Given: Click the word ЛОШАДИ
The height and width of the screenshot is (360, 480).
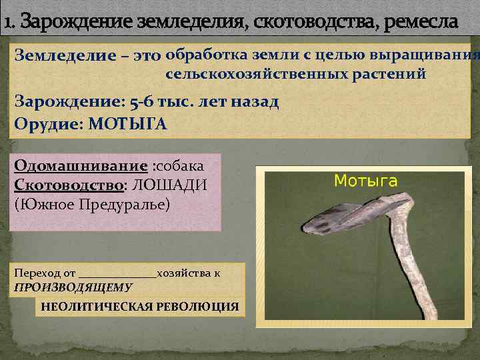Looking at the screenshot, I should (170, 185).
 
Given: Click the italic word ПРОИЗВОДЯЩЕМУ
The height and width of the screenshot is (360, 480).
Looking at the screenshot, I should (73, 287).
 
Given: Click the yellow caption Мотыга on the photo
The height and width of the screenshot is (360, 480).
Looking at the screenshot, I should (365, 180).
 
